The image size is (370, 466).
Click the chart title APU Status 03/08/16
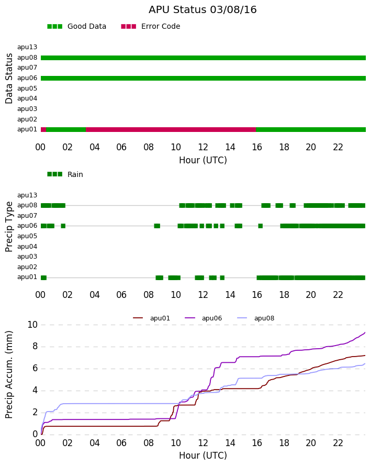click(x=203, y=9)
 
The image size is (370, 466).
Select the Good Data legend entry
click(x=76, y=26)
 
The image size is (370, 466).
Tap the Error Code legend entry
click(x=151, y=26)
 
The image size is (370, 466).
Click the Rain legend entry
click(x=65, y=174)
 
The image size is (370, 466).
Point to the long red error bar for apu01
click(x=171, y=129)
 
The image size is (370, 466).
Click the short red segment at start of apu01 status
click(x=43, y=129)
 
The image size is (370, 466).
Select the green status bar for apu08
click(x=203, y=58)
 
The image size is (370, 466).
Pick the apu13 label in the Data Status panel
click(x=27, y=47)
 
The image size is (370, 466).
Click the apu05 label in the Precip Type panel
click(x=27, y=236)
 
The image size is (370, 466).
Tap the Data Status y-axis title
click(x=9, y=79)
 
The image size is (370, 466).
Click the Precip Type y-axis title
click(x=9, y=227)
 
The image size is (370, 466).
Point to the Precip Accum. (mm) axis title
click(x=9, y=375)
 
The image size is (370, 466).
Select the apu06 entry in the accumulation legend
click(x=204, y=318)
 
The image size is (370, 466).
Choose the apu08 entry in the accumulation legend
click(x=256, y=318)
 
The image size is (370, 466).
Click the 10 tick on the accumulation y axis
click(x=32, y=325)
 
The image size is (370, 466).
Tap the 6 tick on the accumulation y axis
click(x=36, y=369)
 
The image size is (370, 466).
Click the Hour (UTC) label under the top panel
click(x=203, y=160)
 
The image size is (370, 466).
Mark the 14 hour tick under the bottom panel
click(x=230, y=443)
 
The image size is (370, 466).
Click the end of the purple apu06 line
click(x=365, y=332)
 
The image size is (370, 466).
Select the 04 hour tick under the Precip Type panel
click(x=94, y=295)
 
